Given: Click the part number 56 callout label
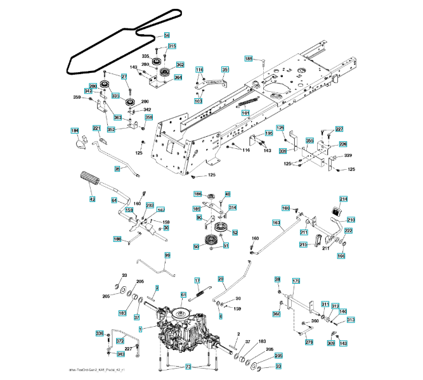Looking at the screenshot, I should point(167,35).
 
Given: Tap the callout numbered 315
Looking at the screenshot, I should point(172,46).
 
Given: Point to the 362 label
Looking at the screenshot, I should point(180,65).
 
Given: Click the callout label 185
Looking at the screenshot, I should point(249,58).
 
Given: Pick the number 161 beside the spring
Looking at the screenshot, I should point(245,113).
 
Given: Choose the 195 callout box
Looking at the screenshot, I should point(269,133).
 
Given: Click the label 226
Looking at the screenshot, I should point(342,144).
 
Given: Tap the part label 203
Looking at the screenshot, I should point(150,205).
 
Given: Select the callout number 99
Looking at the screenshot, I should point(167,255).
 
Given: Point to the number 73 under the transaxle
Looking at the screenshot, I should point(188,367).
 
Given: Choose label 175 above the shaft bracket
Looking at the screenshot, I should point(296,281).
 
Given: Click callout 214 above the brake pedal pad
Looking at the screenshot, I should point(344,198).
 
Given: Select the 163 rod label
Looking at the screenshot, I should point(277,222).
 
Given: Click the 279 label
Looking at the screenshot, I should point(309,343).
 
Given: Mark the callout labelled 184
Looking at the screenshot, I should point(75,130).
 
